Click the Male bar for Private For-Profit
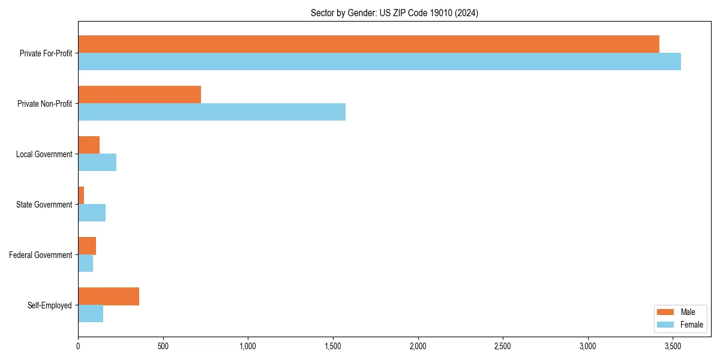pos(368,44)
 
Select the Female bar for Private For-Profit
pos(379,62)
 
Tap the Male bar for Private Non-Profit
pos(139,95)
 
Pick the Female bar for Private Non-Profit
pos(212,112)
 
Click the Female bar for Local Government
pos(97,163)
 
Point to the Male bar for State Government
pos(81,196)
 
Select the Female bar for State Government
pos(92,213)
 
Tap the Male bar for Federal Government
pos(87,246)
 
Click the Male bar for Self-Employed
pos(109,296)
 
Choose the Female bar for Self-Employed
pos(91,314)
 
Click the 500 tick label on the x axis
pos(163,346)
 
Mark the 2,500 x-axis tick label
pos(503,346)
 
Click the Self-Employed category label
pos(50,305)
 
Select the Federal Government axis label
pos(41,255)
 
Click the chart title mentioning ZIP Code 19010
pos(394,13)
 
